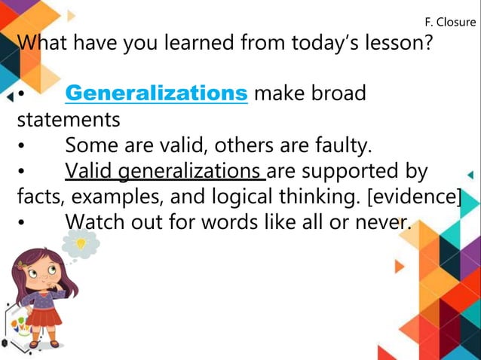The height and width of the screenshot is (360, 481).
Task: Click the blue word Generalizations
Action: (x=156, y=93)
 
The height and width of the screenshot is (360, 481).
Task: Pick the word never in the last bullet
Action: (x=378, y=222)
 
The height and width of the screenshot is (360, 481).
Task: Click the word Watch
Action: (x=93, y=222)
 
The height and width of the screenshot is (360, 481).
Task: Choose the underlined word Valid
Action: (x=90, y=171)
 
